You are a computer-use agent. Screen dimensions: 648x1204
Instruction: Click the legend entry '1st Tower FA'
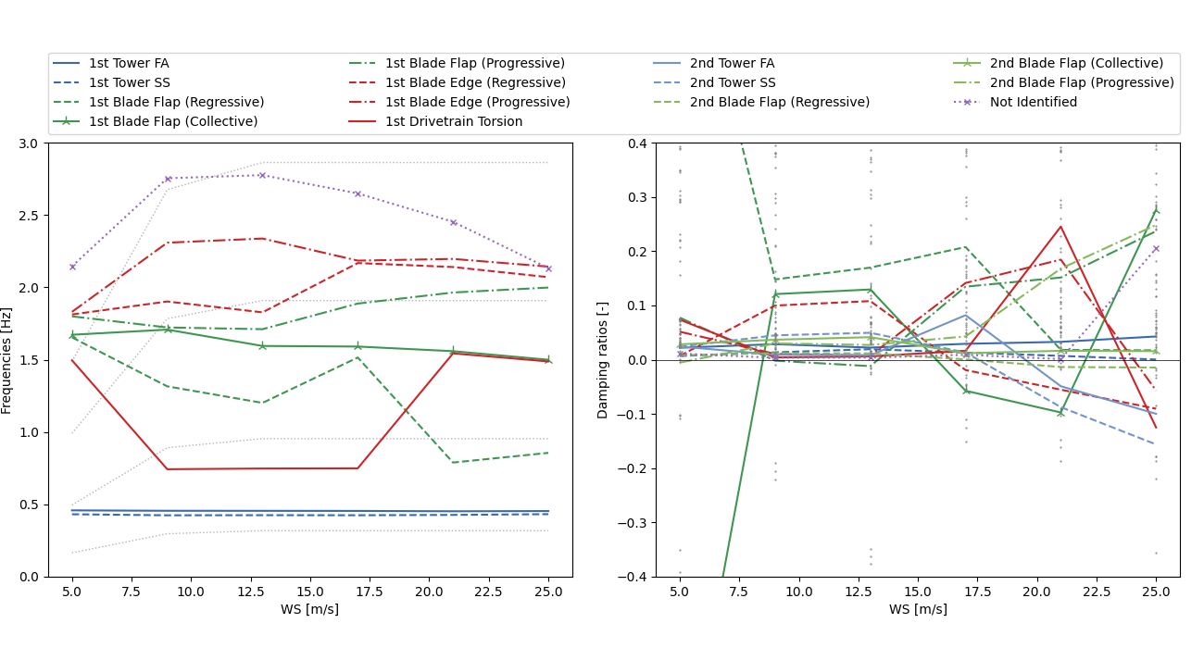tap(129, 63)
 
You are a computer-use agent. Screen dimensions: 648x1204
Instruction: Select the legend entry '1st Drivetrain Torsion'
tap(454, 121)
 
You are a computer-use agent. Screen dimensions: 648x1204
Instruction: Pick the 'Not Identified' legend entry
tap(1034, 102)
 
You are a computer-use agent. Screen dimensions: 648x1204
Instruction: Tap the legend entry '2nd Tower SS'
tap(732, 82)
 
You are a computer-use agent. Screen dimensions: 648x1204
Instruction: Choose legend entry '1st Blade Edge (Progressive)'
tap(477, 102)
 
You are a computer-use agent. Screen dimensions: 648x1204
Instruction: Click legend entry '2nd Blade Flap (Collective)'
tap(1076, 63)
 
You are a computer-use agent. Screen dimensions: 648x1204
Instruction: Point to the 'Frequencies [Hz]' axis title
tap(7, 360)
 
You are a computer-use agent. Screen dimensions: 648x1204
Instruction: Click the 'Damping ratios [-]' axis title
tap(604, 360)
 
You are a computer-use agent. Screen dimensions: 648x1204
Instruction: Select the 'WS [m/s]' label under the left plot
tap(309, 609)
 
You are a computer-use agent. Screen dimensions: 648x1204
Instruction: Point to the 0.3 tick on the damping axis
tap(638, 197)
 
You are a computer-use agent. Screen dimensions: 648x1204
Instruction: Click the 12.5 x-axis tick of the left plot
tap(250, 591)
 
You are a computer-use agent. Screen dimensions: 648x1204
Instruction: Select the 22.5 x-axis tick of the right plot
tap(1097, 591)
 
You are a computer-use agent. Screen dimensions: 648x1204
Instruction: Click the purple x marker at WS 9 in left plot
tap(168, 179)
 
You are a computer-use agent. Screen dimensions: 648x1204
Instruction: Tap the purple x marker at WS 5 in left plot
tap(72, 267)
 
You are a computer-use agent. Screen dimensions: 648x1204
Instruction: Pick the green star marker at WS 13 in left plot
tap(262, 345)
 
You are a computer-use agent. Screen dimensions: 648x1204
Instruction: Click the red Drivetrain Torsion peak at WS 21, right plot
tap(1060, 227)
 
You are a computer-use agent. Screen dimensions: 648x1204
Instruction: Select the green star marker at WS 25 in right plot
tap(1156, 210)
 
